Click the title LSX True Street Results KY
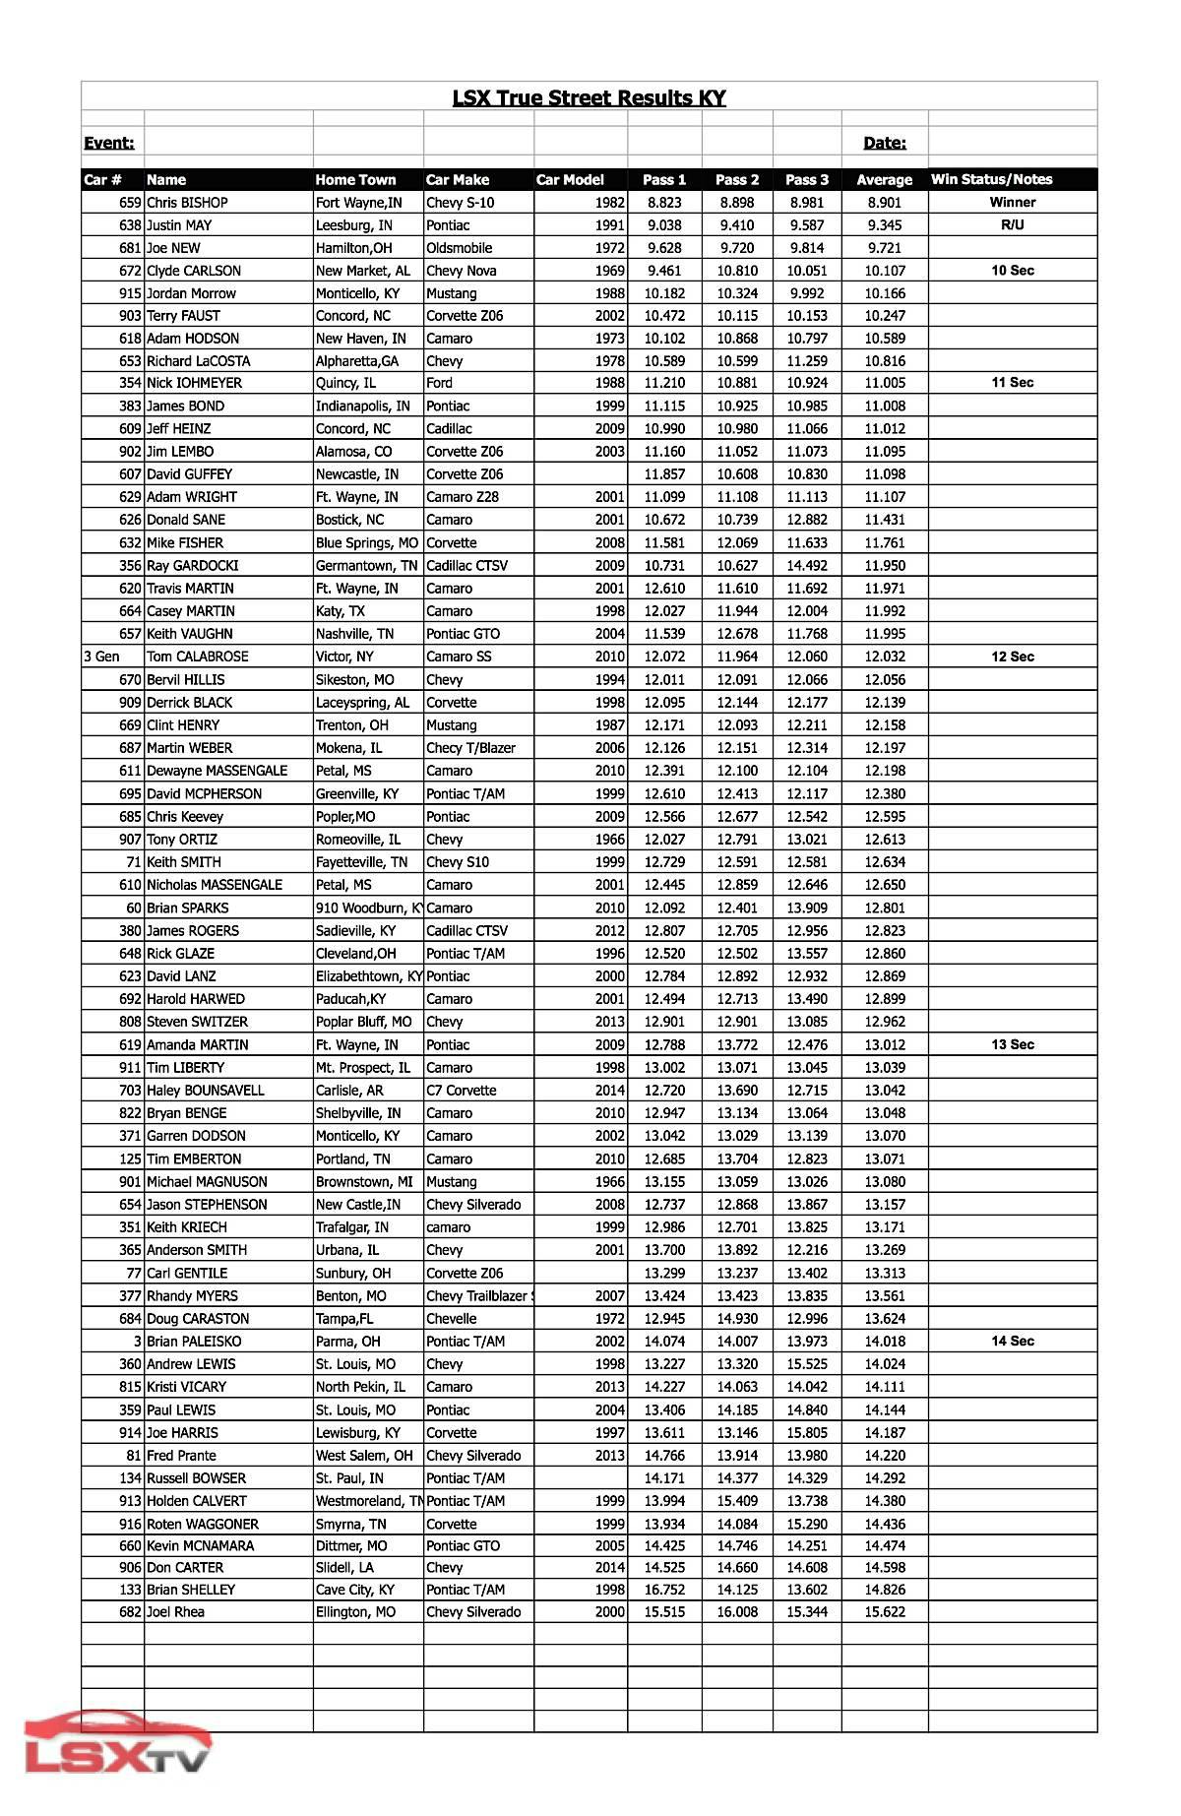(589, 97)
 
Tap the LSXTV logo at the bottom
(118, 1744)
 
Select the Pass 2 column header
(737, 179)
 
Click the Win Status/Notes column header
(991, 179)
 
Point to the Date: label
(884, 143)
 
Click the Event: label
(109, 143)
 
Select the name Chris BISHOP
(187, 203)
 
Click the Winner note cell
(1012, 202)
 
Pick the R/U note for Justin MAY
(1012, 224)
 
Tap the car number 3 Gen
(102, 657)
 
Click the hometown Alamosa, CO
(353, 452)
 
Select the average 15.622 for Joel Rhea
(884, 1612)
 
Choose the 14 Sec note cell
(1012, 1341)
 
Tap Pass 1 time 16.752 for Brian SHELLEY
(664, 1590)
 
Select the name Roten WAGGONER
(202, 1524)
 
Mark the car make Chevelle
(452, 1319)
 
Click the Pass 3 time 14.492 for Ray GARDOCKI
(807, 566)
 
